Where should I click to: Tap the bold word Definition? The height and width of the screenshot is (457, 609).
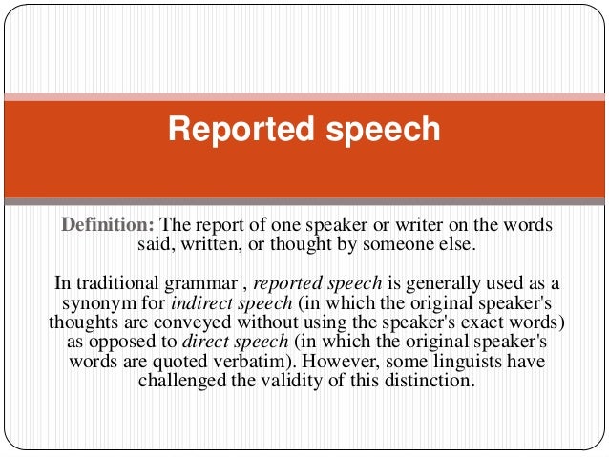[107, 225]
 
